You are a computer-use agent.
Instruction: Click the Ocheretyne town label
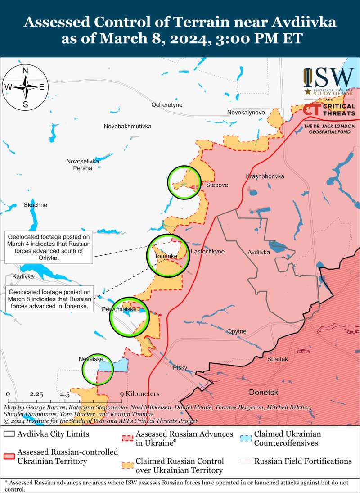(x=167, y=105)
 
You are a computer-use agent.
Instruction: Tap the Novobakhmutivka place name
(x=127, y=126)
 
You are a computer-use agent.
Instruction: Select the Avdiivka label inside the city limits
(x=259, y=253)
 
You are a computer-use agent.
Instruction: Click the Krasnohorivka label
(x=265, y=176)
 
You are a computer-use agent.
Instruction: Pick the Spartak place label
(x=277, y=359)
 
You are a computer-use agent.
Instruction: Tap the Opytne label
(x=237, y=331)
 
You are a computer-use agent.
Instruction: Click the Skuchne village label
(x=36, y=205)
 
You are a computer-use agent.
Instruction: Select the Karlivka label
(x=23, y=276)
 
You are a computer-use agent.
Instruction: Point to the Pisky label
(x=180, y=368)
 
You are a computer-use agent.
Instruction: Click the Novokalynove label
(x=246, y=112)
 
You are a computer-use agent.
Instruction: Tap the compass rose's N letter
(x=26, y=70)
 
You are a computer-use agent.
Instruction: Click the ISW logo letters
(x=329, y=78)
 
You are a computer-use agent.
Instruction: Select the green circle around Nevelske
(x=98, y=370)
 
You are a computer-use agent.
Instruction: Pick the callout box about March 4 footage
(x=49, y=248)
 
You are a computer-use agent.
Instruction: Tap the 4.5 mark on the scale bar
(x=65, y=394)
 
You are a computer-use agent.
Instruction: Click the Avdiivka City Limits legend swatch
(x=9, y=435)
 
